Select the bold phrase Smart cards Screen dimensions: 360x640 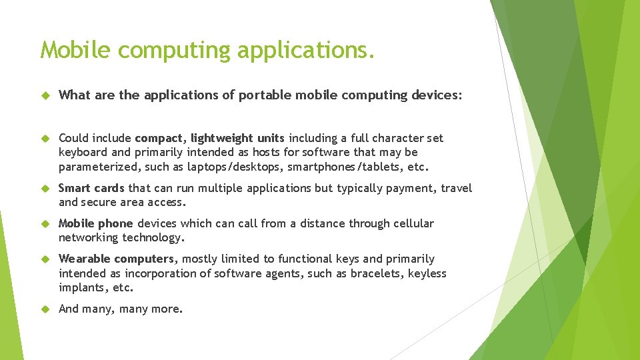pyautogui.click(x=92, y=188)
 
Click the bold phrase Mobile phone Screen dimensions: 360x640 pyautogui.click(x=96, y=223)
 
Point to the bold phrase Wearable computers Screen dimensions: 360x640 pyautogui.click(x=117, y=259)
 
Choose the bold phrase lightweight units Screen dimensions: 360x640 pyautogui.click(x=238, y=138)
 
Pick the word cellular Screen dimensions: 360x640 pyautogui.click(x=411, y=223)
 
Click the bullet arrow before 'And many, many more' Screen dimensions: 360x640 pyautogui.click(x=45, y=309)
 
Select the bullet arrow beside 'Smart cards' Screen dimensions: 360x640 pyautogui.click(x=45, y=189)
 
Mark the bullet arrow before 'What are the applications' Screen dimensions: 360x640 pyautogui.click(x=45, y=95)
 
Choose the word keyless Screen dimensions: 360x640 pyautogui.click(x=427, y=273)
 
